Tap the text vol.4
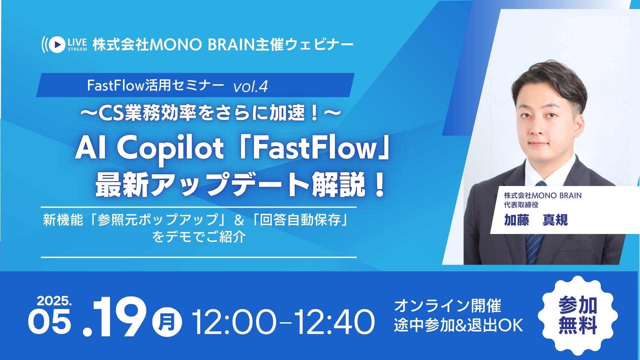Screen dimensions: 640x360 click(250, 87)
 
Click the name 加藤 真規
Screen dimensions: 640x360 click(536, 220)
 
